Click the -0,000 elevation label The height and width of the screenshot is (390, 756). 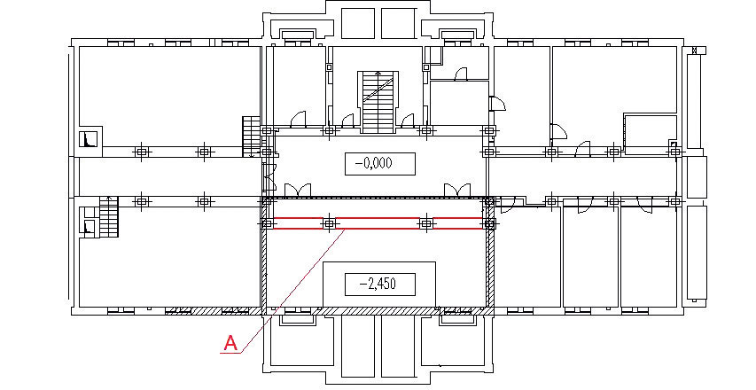pos(380,164)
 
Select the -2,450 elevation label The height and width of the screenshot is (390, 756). pos(380,284)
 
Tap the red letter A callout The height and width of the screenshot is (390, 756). pos(231,343)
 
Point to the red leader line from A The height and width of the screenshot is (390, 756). pos(292,292)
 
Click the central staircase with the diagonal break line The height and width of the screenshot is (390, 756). pos(378,102)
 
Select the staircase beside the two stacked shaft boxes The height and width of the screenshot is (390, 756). pos(109,217)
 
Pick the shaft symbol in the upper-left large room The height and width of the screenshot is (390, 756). pos(89,139)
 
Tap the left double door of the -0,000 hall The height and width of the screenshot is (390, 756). pos(298,191)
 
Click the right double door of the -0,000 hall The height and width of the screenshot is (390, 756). pos(457,191)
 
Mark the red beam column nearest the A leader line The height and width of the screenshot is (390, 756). pos(329,223)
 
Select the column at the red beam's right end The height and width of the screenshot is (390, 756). pos(489,223)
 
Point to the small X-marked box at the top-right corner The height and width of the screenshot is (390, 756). pos(695,51)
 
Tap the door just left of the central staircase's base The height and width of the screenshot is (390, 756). pos(347,121)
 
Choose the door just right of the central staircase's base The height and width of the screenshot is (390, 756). pos(408,121)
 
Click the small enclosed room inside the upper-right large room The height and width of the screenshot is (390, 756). pos(651,134)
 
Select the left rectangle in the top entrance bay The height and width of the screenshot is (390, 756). pos(358,23)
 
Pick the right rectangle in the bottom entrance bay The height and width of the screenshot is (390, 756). pos(398,347)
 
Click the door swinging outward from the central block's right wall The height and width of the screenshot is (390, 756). pos(497,104)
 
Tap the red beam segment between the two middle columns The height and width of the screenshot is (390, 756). pos(377,223)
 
